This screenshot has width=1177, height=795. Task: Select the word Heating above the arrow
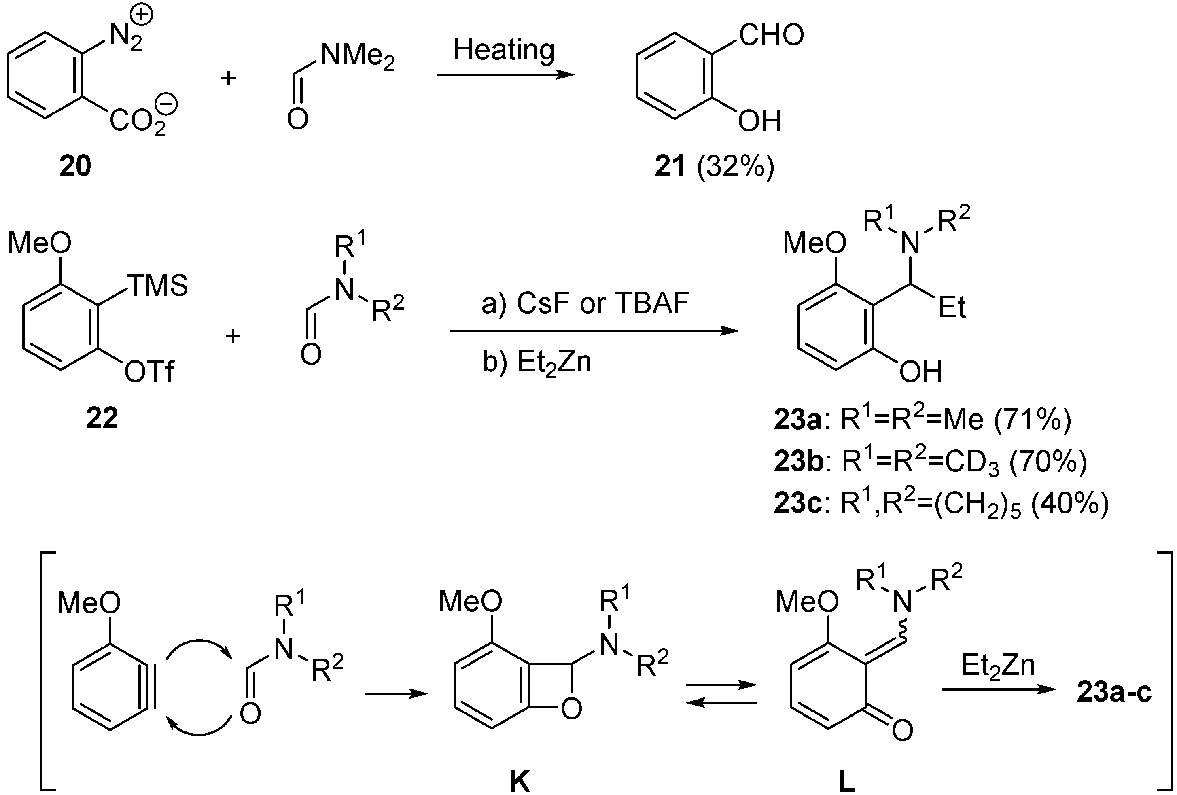tap(504, 51)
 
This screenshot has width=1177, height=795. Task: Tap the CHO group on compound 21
tap(771, 36)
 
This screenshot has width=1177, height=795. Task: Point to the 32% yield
tap(735, 166)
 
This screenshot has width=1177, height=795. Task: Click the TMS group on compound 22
tap(157, 286)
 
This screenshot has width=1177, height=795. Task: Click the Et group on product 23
tap(952, 308)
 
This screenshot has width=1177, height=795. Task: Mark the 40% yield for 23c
tap(1070, 505)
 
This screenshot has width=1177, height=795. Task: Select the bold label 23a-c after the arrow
tap(1114, 693)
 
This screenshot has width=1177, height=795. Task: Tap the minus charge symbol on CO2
tap(169, 105)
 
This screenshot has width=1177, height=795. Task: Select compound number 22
tap(102, 418)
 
